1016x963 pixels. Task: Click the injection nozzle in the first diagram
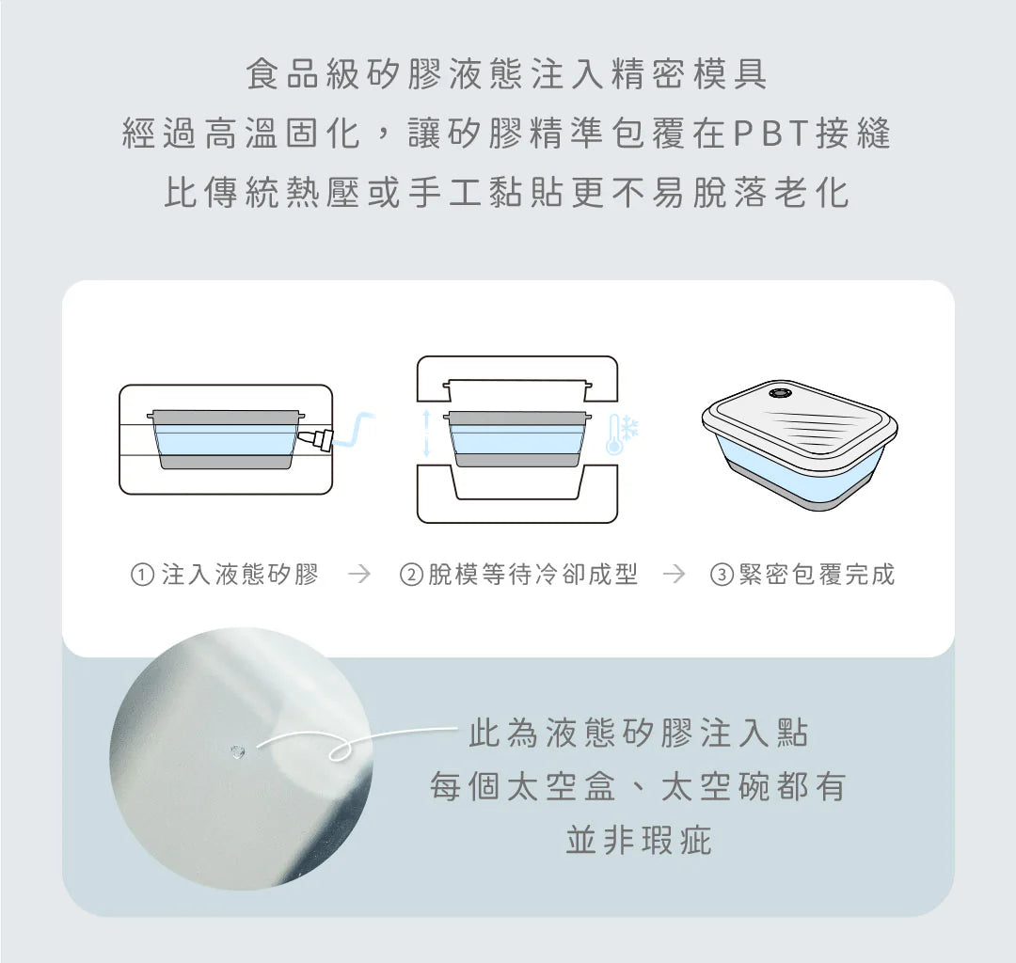(316, 440)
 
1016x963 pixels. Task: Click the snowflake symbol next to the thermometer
(631, 427)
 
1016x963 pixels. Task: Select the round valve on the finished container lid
(779, 393)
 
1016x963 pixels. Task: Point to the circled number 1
(142, 575)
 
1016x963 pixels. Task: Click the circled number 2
(411, 575)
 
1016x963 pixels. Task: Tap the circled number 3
(722, 575)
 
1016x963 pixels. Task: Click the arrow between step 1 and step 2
(359, 574)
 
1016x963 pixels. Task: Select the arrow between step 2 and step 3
(674, 574)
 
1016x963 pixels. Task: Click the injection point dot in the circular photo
(237, 751)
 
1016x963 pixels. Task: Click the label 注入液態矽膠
(240, 575)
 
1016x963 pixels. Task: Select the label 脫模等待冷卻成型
(532, 575)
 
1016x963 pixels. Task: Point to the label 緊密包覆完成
(818, 575)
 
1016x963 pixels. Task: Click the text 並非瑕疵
(639, 841)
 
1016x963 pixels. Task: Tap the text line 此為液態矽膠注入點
(639, 734)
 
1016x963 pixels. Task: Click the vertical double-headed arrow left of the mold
(426, 434)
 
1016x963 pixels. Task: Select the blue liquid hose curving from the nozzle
(353, 430)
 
